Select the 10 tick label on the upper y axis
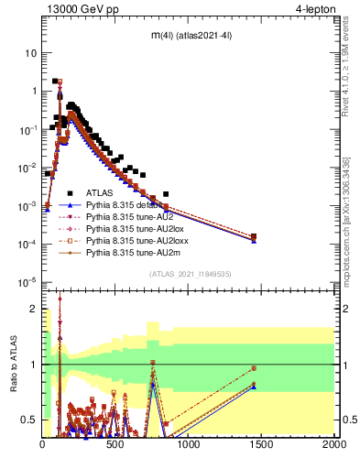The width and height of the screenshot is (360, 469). point(30,52)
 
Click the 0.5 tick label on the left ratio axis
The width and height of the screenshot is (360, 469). point(27,420)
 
